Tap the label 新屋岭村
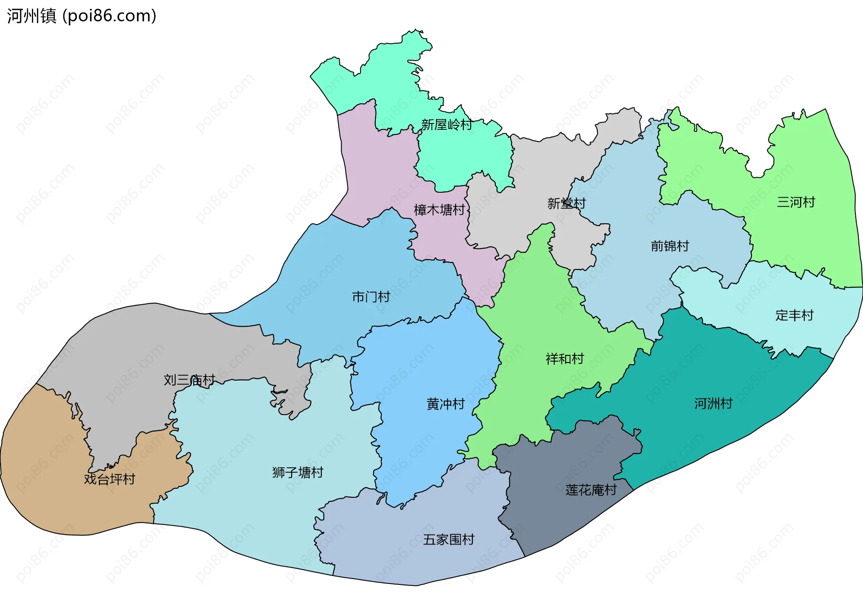click(x=446, y=124)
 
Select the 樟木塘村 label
click(x=439, y=210)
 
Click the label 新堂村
click(x=566, y=204)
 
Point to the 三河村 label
click(x=796, y=202)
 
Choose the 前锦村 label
click(x=670, y=246)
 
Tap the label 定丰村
click(x=794, y=315)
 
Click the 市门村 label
click(x=371, y=297)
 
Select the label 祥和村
click(x=565, y=359)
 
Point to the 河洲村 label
click(x=713, y=403)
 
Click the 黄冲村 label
click(x=445, y=404)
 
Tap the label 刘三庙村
click(x=189, y=380)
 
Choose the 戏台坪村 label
click(x=109, y=479)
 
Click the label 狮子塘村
click(x=298, y=473)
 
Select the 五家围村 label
click(x=449, y=540)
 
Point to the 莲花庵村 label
click(x=591, y=490)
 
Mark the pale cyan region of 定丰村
click(x=742, y=305)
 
